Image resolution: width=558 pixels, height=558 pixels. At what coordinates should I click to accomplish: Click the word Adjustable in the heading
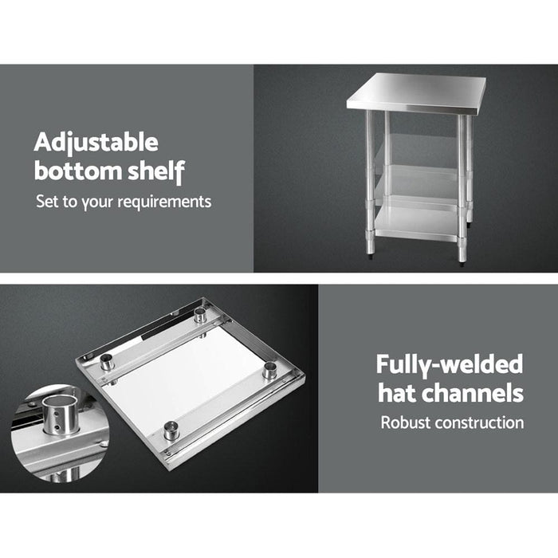click(96, 143)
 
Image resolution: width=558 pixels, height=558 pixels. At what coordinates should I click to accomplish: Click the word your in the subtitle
click(96, 201)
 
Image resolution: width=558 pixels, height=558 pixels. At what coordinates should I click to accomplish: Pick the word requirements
click(164, 201)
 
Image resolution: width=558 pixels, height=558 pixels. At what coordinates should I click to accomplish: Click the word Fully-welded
click(450, 365)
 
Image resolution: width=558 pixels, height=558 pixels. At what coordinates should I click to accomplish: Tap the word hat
click(397, 393)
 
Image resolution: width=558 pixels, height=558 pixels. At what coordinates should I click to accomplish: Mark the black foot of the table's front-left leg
click(371, 257)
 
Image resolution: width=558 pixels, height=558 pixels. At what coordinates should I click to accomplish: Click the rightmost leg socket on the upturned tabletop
click(269, 370)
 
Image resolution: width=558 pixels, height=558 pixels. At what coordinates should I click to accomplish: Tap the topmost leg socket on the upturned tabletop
click(200, 314)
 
